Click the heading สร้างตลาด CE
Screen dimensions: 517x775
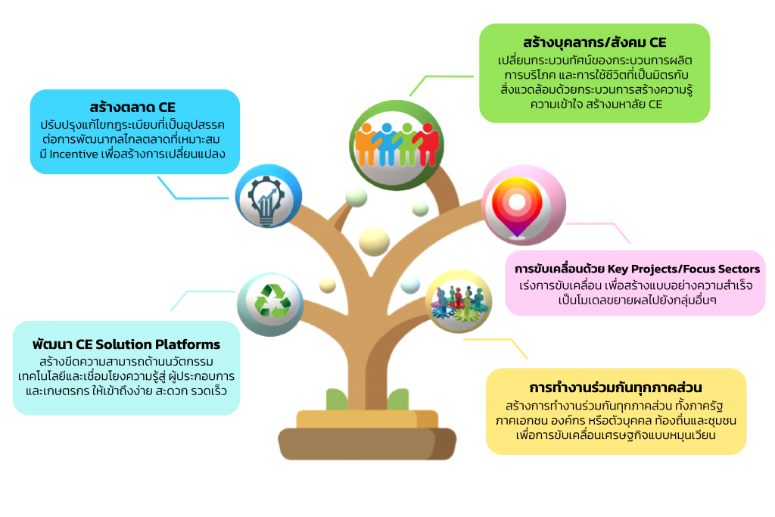[132, 107]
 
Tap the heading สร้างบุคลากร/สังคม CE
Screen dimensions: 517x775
[594, 42]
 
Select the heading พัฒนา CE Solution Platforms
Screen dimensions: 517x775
[126, 344]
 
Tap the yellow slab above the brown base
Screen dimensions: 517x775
[366, 418]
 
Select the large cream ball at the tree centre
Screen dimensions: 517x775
[374, 241]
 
